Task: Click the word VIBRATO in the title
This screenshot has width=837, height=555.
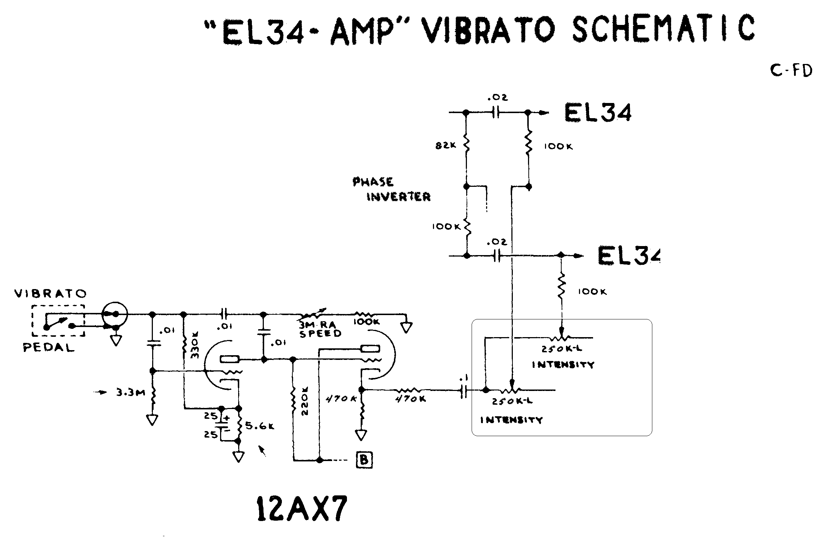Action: click(x=488, y=29)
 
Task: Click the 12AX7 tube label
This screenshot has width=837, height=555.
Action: click(x=302, y=508)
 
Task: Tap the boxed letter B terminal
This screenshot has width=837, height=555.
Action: click(x=364, y=460)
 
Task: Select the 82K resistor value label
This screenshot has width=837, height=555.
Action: click(x=446, y=146)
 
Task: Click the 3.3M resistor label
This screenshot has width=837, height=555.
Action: click(x=130, y=392)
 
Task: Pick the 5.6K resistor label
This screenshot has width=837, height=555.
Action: click(x=260, y=426)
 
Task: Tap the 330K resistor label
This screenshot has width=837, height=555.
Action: click(x=195, y=348)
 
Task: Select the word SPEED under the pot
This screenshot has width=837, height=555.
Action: click(x=320, y=333)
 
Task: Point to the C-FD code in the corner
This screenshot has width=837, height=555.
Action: click(x=791, y=71)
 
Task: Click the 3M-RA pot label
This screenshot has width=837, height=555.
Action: click(x=318, y=325)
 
